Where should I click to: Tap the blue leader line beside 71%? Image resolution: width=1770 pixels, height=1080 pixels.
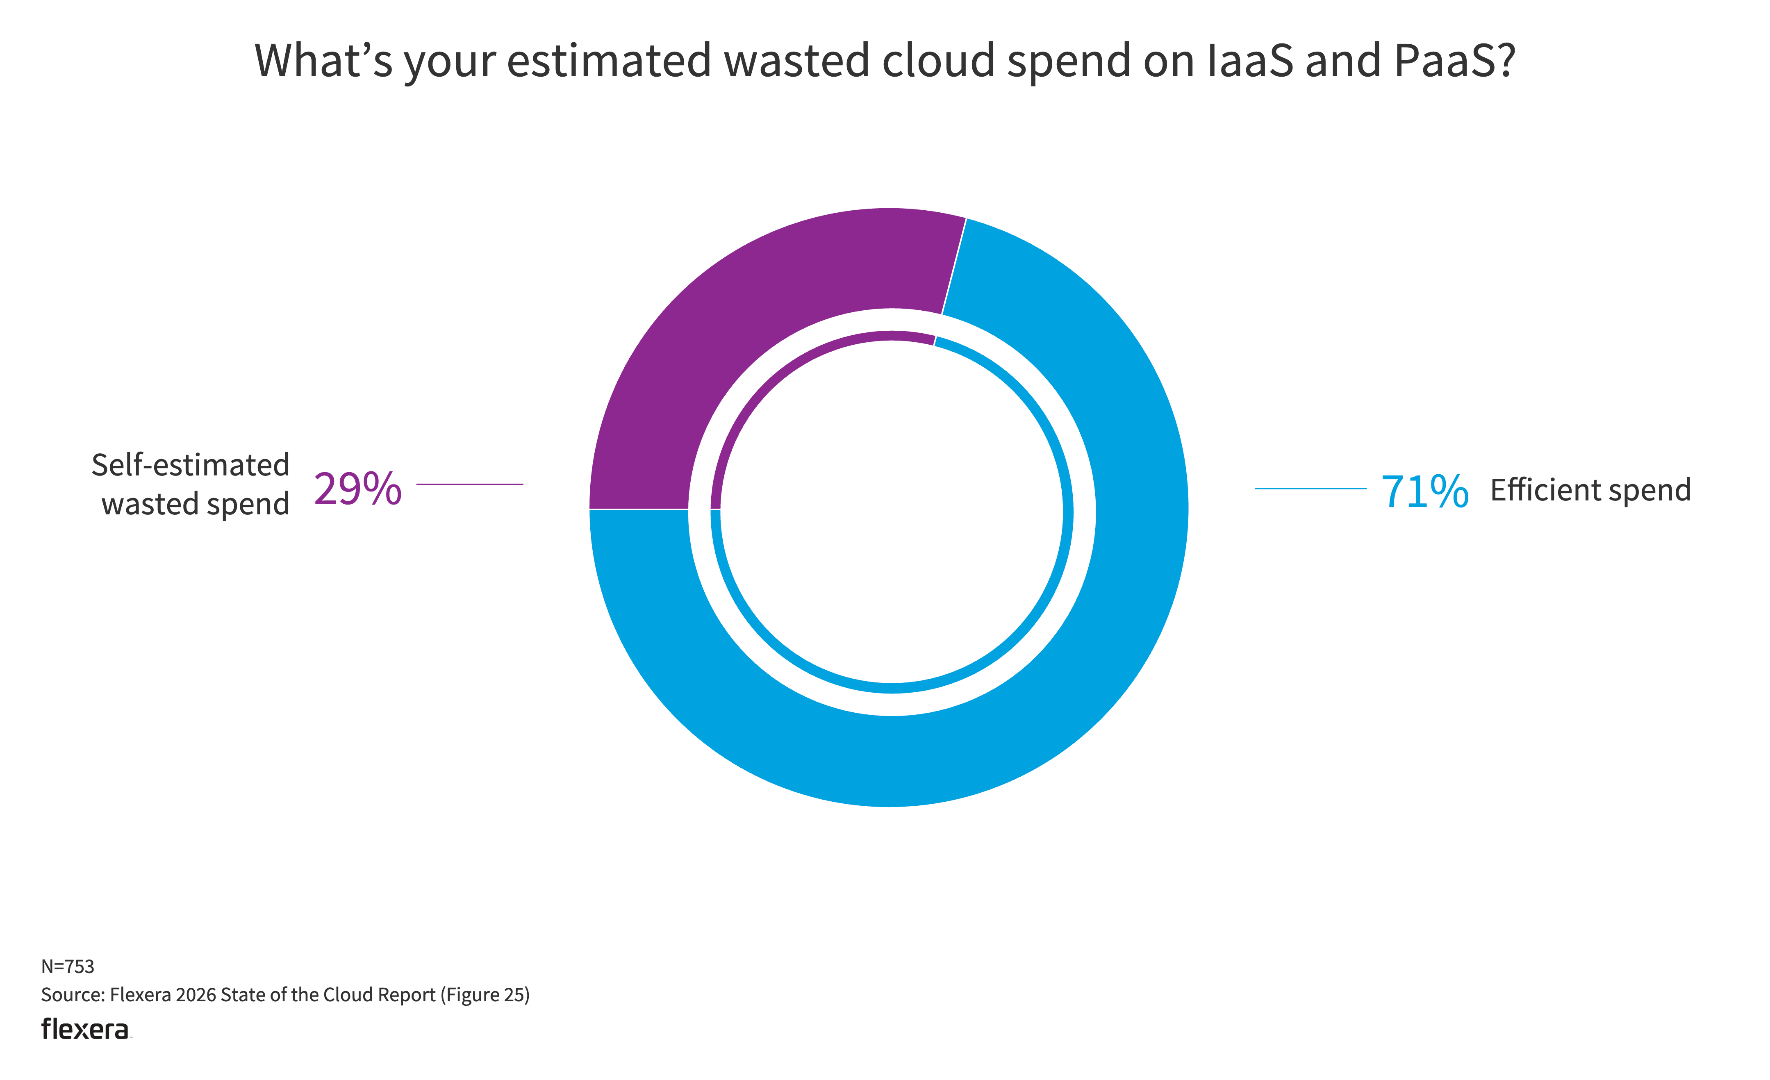1310,488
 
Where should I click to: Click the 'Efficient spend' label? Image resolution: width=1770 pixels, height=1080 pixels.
1590,491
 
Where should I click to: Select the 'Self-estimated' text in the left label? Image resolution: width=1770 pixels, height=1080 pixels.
190,465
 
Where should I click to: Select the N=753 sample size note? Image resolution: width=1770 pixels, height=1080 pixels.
68,966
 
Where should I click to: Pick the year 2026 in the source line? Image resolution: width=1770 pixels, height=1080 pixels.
196,995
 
